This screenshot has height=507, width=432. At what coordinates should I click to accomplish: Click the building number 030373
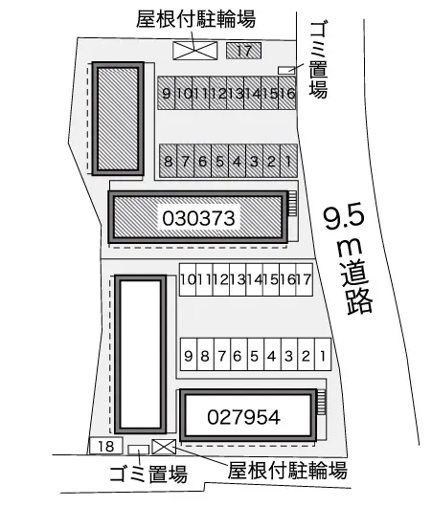pos(199,217)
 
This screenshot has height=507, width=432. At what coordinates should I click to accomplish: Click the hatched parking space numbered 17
pos(244,49)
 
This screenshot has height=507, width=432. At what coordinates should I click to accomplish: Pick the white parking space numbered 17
pos(304,279)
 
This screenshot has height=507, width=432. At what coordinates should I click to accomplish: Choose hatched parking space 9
pos(167,93)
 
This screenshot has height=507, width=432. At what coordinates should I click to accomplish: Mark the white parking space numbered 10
pos(188,279)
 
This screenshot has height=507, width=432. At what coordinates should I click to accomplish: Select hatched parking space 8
pos(168,161)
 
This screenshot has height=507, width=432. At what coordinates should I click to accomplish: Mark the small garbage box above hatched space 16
pos(284,70)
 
